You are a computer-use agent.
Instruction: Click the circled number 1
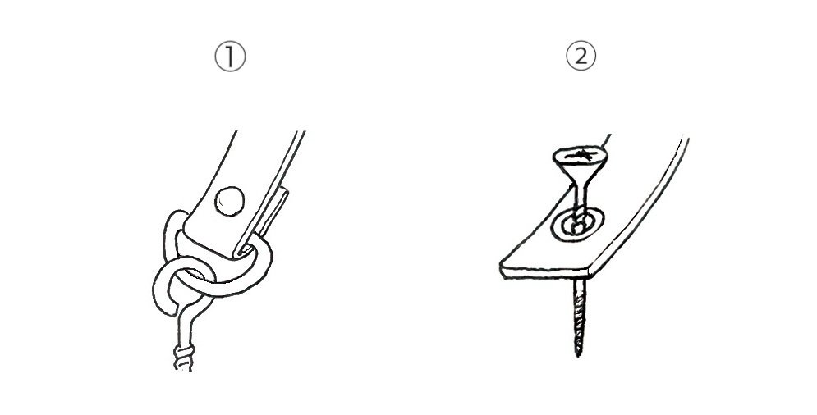point(230,57)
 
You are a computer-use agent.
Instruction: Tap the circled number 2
point(581,57)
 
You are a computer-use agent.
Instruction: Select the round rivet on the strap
point(230,201)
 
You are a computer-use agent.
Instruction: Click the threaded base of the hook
point(184,358)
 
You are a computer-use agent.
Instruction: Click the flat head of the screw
point(580,155)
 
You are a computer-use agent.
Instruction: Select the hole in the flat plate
point(578,225)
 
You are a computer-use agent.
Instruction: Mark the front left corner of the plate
point(502,267)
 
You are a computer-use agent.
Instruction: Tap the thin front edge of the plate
point(545,273)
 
